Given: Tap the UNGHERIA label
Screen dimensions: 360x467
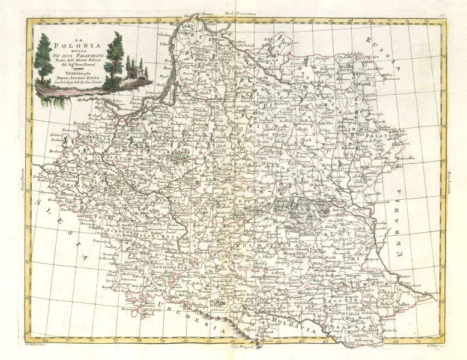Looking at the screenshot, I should pyautogui.click(x=192, y=316).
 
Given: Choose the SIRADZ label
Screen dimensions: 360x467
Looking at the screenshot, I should pyautogui.click(x=129, y=229).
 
